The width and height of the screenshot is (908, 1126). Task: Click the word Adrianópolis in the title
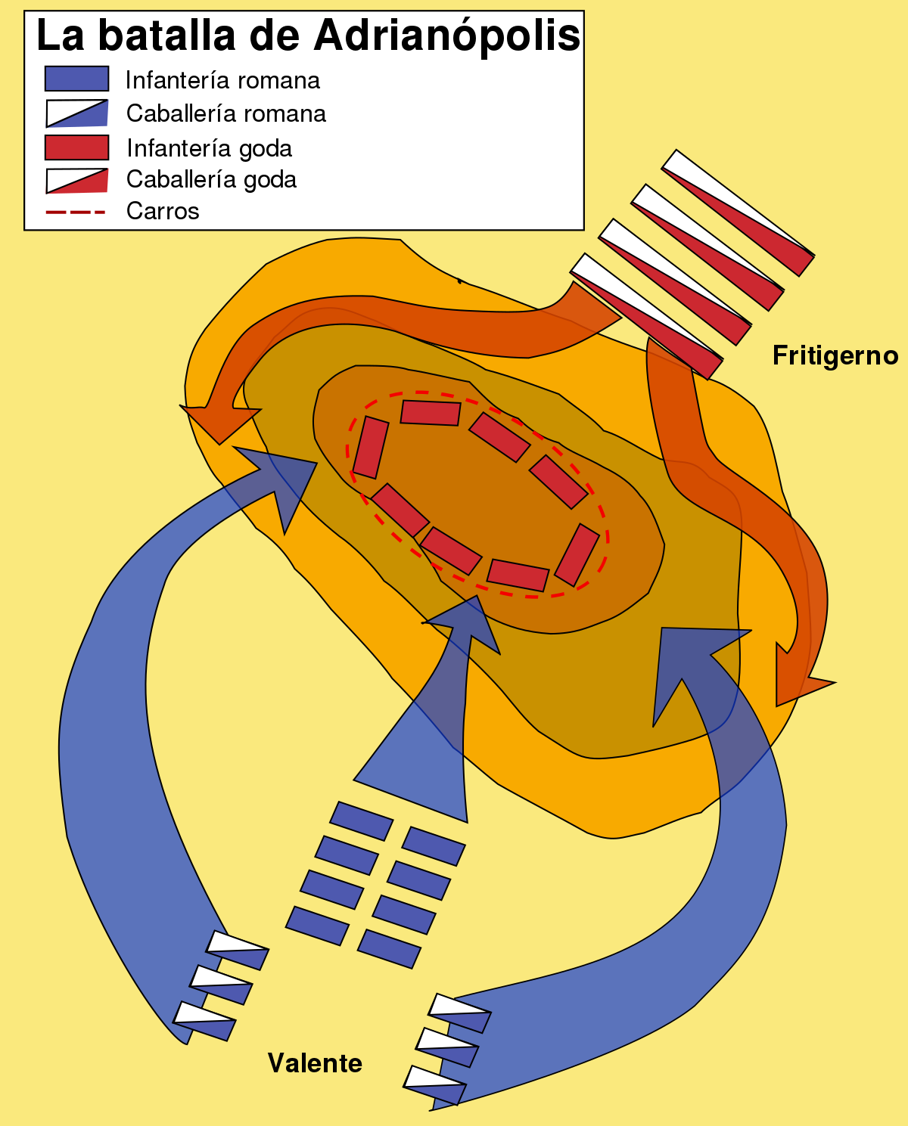click(446, 35)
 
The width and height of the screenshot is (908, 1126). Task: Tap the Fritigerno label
click(835, 355)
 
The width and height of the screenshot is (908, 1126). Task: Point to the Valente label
click(315, 1063)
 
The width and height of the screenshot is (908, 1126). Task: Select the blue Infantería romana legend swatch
click(76, 79)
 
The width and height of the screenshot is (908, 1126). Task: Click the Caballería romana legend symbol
click(76, 113)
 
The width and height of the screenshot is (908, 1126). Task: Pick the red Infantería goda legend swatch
click(76, 147)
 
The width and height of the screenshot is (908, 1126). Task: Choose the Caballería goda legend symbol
click(76, 180)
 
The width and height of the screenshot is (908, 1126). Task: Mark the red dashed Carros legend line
click(75, 212)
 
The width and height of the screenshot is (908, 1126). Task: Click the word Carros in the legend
click(163, 211)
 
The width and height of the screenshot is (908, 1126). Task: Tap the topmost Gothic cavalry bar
click(738, 212)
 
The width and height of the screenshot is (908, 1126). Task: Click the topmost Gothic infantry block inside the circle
click(430, 413)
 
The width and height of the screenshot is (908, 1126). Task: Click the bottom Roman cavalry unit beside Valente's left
click(204, 1021)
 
